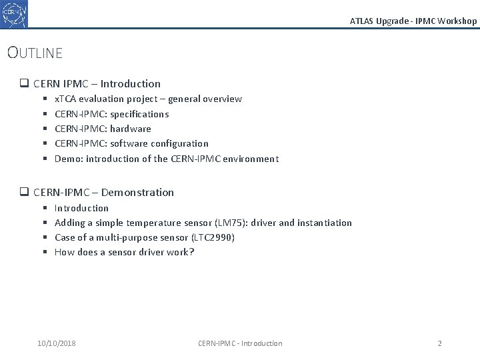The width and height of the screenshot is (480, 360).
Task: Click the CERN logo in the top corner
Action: click(14, 13)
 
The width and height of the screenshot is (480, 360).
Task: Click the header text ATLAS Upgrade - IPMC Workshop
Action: click(413, 21)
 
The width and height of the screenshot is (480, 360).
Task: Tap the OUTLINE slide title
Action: click(35, 52)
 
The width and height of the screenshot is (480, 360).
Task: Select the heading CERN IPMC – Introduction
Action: click(97, 83)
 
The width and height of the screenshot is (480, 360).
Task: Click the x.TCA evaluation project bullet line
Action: click(148, 99)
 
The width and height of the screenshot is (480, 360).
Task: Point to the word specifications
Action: click(139, 114)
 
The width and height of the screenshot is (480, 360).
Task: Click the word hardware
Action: click(131, 129)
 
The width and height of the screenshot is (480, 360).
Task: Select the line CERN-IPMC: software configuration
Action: click(131, 143)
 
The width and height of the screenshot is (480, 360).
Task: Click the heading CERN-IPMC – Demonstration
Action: click(103, 192)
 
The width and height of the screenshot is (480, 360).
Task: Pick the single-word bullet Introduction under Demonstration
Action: click(81, 208)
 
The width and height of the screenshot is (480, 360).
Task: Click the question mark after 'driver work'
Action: click(192, 252)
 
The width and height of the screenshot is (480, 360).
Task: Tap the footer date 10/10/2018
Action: click(57, 343)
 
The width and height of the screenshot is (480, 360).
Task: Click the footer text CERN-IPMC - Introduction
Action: click(240, 343)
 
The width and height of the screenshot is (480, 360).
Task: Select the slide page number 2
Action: click(439, 343)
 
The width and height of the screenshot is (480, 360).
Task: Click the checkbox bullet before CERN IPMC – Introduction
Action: click(23, 84)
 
